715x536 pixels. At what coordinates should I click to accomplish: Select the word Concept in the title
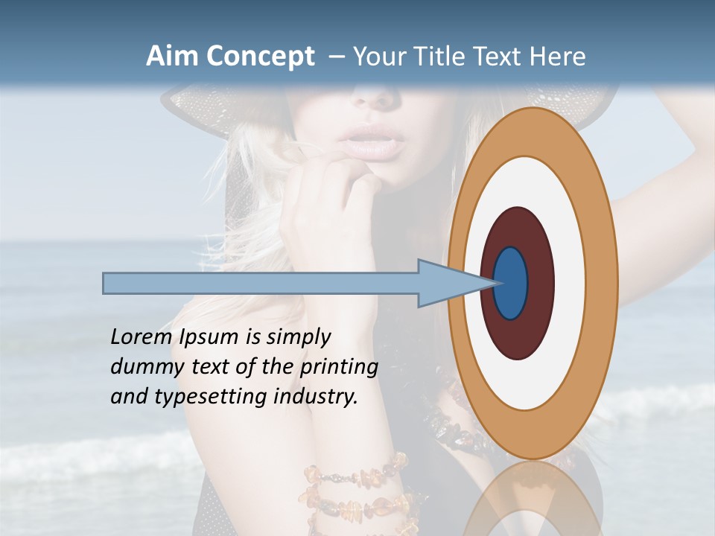coord(260,57)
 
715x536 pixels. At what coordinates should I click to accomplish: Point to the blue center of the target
coord(511,284)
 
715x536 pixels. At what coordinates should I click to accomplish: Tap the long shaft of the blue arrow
coord(261,284)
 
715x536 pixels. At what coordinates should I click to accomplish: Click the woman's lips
coord(372,141)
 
